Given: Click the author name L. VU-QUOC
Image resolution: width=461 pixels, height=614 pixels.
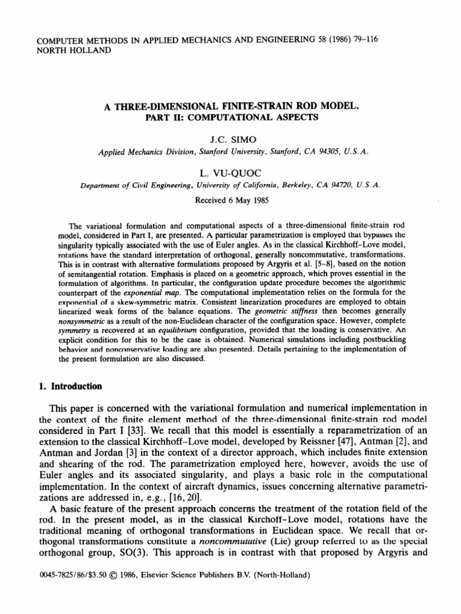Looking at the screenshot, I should tap(230, 173).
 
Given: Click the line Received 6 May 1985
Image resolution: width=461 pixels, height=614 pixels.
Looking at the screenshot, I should tap(230, 200).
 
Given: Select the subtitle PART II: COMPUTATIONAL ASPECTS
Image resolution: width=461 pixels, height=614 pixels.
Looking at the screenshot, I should tap(230, 118).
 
